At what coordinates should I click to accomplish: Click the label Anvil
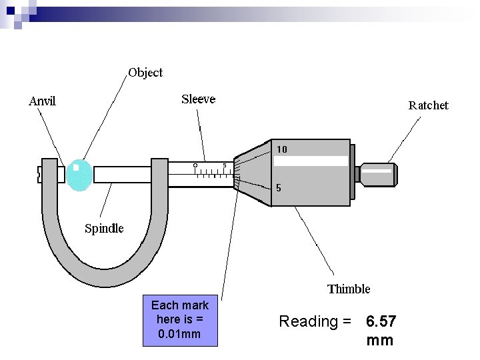(x=42, y=101)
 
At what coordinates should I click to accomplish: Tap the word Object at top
(x=145, y=72)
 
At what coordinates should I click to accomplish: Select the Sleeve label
(x=198, y=99)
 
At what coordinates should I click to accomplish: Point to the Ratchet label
(x=428, y=105)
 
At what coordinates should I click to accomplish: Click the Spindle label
(x=103, y=229)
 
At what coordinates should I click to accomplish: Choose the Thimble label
(x=348, y=289)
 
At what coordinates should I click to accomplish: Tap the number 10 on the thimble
(x=282, y=149)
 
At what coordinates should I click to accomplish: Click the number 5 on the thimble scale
(x=279, y=188)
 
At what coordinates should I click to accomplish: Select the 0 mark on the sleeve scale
(x=195, y=165)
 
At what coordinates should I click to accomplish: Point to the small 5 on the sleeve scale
(x=225, y=165)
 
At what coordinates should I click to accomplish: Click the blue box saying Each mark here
(x=180, y=320)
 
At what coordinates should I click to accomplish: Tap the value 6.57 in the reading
(x=381, y=322)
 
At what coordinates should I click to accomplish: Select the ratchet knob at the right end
(x=377, y=174)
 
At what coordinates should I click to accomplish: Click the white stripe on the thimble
(x=311, y=161)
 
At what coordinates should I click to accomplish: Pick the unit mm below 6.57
(x=380, y=341)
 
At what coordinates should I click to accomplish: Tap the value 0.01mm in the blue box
(x=180, y=334)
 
